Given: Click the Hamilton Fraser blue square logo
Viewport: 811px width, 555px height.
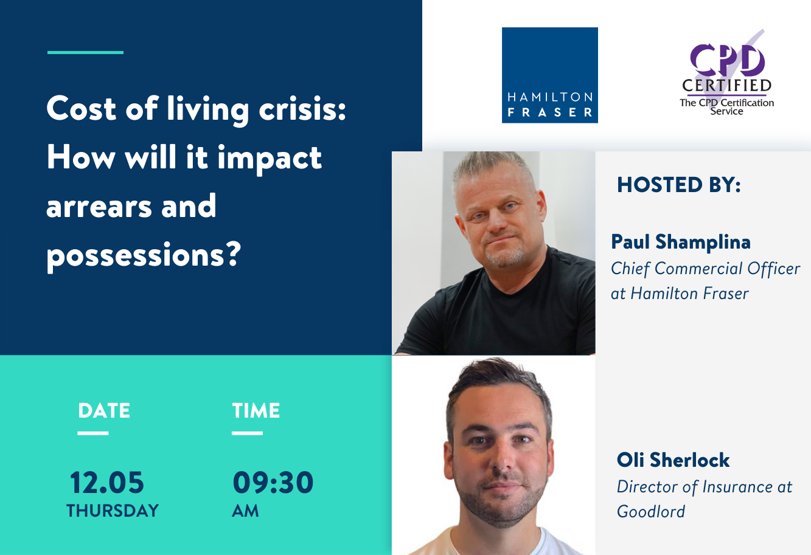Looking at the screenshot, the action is click(549, 75).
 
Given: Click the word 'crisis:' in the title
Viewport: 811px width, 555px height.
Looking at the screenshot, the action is click(302, 108).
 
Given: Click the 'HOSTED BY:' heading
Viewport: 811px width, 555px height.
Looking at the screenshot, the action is click(679, 185).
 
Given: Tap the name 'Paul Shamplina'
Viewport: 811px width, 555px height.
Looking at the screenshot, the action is click(681, 242).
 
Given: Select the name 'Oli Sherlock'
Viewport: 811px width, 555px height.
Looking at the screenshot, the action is click(673, 460).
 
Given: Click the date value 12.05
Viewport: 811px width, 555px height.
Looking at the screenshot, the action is click(107, 483).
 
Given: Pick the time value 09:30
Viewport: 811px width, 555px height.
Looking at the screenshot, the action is click(273, 483).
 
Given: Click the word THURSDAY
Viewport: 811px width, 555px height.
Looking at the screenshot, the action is click(113, 511).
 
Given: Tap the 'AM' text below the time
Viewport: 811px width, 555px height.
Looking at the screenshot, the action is click(245, 511).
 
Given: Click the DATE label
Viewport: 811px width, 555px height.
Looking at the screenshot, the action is click(104, 411).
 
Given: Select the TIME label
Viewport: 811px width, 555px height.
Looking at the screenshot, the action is click(256, 411).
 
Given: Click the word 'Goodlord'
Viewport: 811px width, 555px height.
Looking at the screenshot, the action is click(650, 512).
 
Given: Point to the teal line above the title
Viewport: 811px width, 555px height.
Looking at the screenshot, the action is click(85, 52).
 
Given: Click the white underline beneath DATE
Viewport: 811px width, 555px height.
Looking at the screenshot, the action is click(93, 433).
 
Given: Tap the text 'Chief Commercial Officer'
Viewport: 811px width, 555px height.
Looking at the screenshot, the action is click(705, 269).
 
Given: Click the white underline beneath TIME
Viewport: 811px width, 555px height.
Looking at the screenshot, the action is click(247, 433).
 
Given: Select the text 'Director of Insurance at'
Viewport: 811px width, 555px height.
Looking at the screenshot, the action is click(705, 487).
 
